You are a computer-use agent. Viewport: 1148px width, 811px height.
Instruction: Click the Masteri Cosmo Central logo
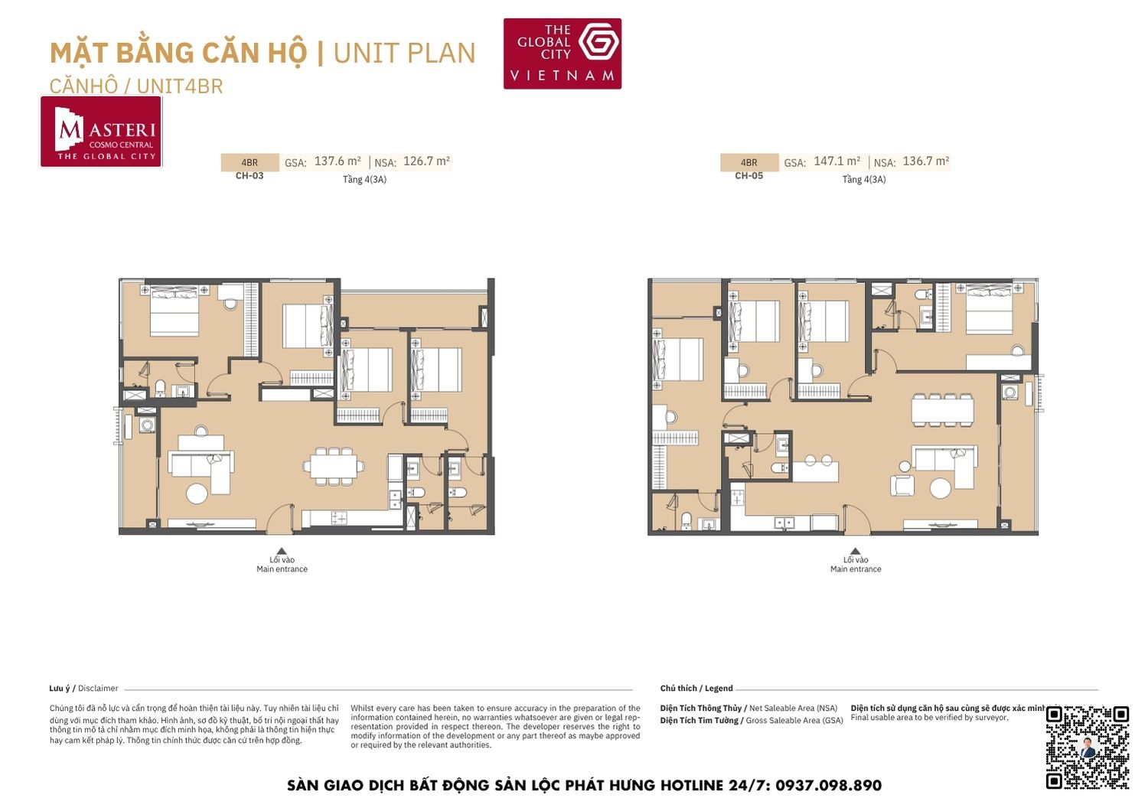point(101,132)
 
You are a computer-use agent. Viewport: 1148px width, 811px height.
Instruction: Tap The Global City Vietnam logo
point(562,54)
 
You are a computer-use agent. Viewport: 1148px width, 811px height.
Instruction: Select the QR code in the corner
point(1087,747)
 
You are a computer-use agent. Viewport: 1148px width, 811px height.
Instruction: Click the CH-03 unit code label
point(249,176)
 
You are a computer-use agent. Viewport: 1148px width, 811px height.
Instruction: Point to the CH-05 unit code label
point(748,176)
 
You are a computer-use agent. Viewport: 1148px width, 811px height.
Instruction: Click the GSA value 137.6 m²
point(338,161)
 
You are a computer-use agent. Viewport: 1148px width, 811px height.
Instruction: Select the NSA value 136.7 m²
point(925,161)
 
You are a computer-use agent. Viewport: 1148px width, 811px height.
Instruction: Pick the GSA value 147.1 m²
point(837,161)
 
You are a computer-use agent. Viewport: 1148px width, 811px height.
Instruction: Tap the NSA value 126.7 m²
point(426,161)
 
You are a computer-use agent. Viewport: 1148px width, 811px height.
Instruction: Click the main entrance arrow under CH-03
point(282,551)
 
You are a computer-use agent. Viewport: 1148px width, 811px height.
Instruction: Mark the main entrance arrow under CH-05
point(855,551)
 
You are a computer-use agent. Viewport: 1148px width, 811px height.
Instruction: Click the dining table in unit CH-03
point(334,466)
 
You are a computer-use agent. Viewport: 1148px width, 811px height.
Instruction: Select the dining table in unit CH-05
point(942,409)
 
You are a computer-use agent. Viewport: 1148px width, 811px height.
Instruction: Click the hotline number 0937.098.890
point(828,786)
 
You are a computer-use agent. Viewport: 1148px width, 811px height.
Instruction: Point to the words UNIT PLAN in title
point(404,53)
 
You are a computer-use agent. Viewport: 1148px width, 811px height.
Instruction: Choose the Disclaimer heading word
point(98,689)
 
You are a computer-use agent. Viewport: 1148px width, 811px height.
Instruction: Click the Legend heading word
point(719,689)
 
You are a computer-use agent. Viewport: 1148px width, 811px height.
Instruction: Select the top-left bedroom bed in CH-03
point(174,311)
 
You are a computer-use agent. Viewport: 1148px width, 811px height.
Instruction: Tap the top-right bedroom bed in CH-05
point(989,308)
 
